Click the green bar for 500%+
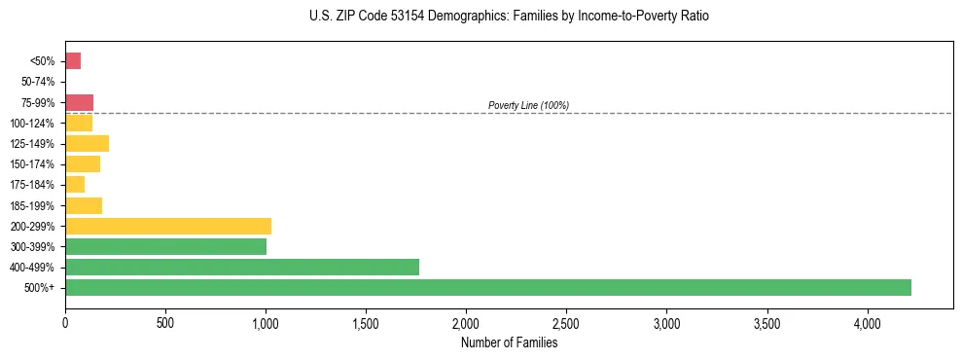pyautogui.click(x=488, y=287)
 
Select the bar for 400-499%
pyautogui.click(x=242, y=267)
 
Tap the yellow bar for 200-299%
pyautogui.click(x=168, y=226)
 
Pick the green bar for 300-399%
pyautogui.click(x=165, y=246)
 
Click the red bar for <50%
pyautogui.click(x=73, y=61)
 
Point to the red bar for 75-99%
pyautogui.click(x=79, y=102)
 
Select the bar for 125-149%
pyautogui.click(x=87, y=144)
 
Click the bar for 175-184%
pyautogui.click(x=75, y=185)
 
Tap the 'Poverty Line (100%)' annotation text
pyautogui.click(x=528, y=105)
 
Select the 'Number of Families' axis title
pyautogui.click(x=509, y=342)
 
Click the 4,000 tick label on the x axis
pyautogui.click(x=867, y=322)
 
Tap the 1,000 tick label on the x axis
pyautogui.click(x=266, y=322)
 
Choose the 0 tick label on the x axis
pyautogui.click(x=65, y=322)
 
